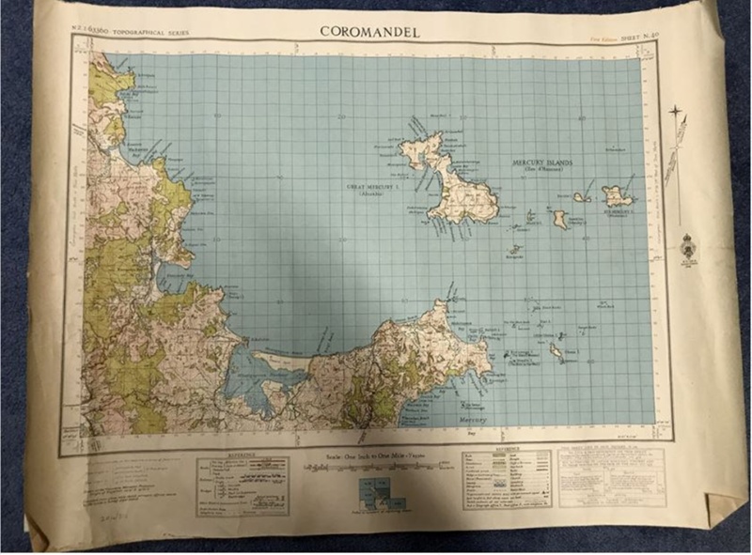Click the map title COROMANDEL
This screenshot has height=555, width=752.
(x=369, y=31)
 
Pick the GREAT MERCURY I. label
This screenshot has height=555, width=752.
(x=373, y=187)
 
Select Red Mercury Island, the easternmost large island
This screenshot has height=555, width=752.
(x=618, y=196)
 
